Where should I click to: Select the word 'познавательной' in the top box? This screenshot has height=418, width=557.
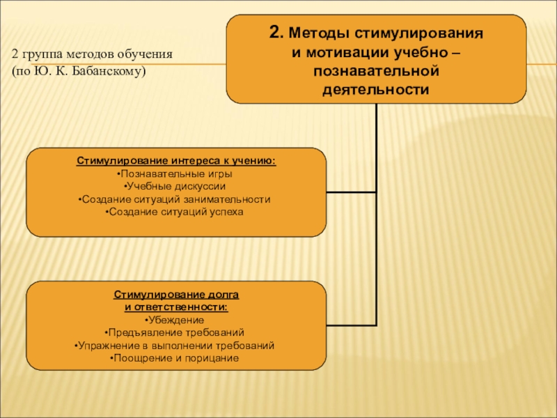(x=376, y=71)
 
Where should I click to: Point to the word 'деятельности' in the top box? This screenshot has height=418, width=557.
(x=376, y=90)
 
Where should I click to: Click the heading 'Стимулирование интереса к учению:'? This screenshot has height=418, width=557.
(x=176, y=161)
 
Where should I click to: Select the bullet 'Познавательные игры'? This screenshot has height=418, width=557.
(x=176, y=173)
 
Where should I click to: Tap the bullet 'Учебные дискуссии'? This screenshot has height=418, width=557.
(x=176, y=186)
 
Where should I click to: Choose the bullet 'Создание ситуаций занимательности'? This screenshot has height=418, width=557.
(x=176, y=199)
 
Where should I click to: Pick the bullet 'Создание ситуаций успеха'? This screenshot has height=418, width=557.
(x=176, y=211)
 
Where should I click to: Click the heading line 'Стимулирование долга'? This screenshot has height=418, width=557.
(x=176, y=295)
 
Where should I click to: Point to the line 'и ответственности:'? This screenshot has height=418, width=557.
(x=176, y=307)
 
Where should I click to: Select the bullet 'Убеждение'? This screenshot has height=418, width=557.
(x=176, y=320)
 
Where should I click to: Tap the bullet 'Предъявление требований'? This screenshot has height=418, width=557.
(x=176, y=332)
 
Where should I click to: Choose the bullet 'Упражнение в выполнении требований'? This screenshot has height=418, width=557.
(x=176, y=345)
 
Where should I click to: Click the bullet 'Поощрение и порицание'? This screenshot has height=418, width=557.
(x=176, y=358)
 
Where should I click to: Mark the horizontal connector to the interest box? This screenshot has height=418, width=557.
(x=351, y=192)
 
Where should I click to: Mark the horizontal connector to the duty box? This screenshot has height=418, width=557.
(x=351, y=325)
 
